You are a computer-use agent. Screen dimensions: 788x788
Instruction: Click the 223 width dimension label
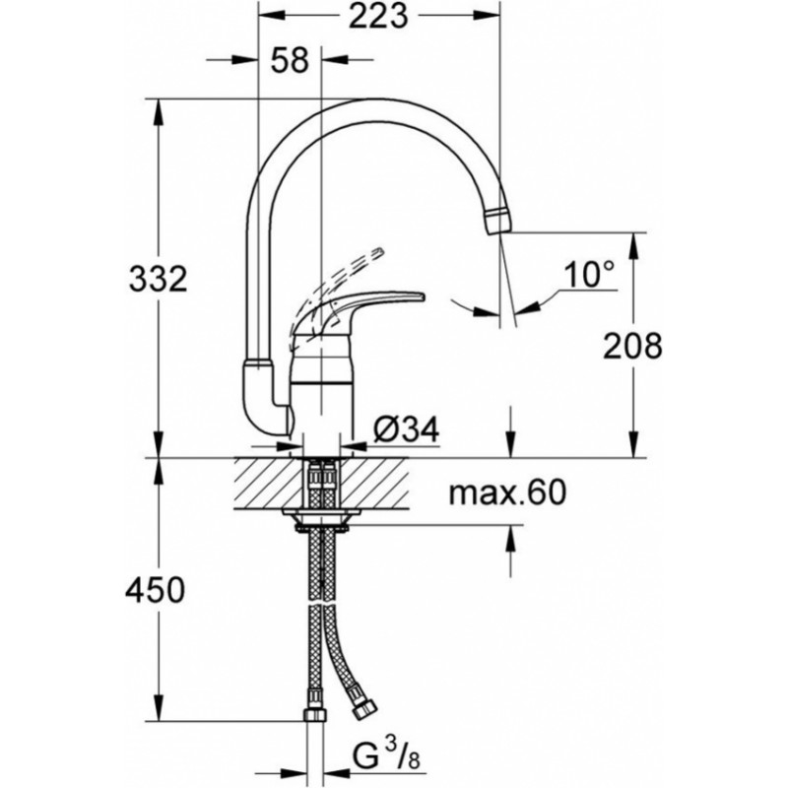click(378, 18)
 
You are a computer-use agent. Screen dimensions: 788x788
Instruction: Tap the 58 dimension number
click(289, 61)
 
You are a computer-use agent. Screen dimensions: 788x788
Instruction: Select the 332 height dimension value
click(159, 279)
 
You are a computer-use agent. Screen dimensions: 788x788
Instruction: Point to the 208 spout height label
click(632, 346)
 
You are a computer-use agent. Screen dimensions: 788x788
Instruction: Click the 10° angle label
click(589, 275)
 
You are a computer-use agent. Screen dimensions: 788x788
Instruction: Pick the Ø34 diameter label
click(407, 429)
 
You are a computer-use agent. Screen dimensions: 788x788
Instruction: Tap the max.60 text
click(507, 492)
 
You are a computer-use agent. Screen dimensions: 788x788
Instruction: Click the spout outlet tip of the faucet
click(498, 221)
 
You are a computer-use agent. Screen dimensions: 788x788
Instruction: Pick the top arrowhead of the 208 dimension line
click(634, 247)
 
